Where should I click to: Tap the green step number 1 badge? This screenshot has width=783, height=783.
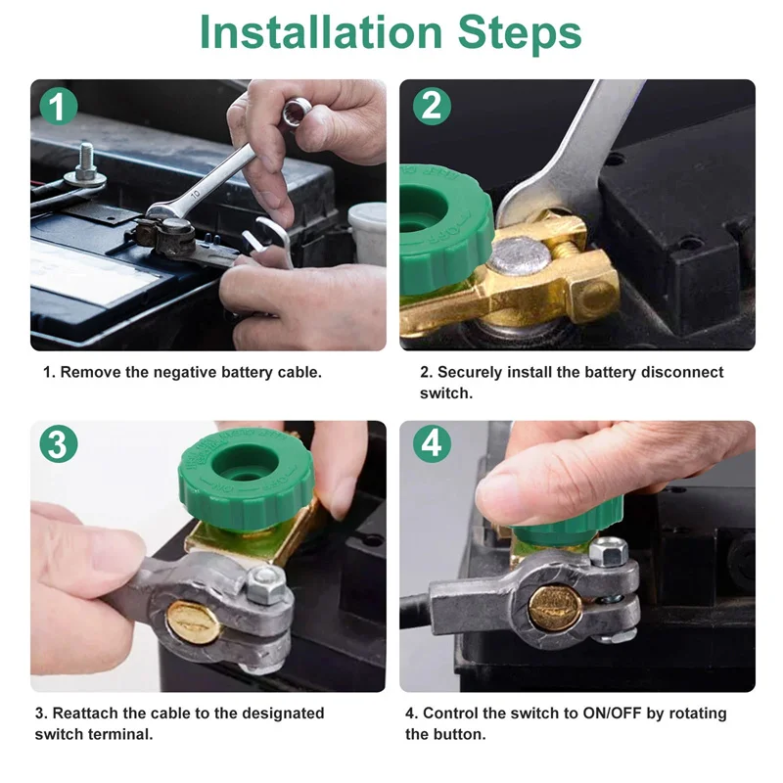pos(58,106)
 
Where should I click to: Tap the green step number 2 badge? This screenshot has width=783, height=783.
pos(432,106)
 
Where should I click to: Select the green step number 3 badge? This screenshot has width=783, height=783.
pos(58,445)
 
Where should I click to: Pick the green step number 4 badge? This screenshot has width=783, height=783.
pos(432,445)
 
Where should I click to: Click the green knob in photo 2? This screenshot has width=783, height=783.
pos(431,225)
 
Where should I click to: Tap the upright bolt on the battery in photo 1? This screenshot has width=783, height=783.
pos(85,159)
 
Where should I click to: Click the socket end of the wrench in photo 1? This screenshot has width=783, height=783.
pos(297,113)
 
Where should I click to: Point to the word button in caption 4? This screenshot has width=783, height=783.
pos(460,735)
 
